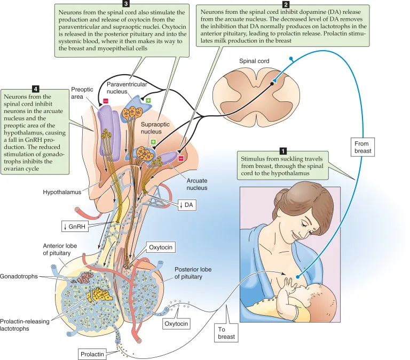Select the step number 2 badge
click(x=287, y=4)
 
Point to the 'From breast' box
click(x=365, y=147)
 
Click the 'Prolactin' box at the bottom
click(x=93, y=353)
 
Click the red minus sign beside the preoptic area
click(x=106, y=100)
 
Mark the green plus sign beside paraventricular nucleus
click(x=148, y=100)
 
